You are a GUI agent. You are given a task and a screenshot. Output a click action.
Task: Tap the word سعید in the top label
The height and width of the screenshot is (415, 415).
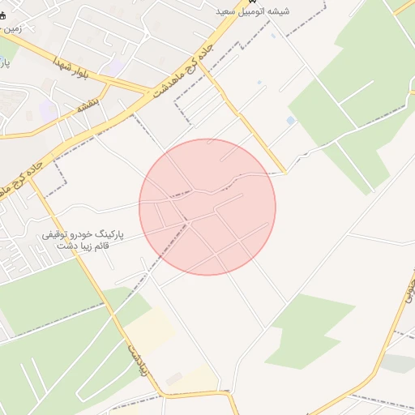(x=228, y=11)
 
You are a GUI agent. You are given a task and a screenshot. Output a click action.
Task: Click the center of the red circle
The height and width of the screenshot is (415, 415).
(x=207, y=207)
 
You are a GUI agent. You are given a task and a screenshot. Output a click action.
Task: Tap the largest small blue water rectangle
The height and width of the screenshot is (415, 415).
(x=290, y=121)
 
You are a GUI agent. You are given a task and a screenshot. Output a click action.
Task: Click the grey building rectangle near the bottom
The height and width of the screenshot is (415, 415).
(x=173, y=378)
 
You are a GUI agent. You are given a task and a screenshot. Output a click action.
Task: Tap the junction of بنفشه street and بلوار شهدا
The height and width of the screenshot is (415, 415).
(x=105, y=84)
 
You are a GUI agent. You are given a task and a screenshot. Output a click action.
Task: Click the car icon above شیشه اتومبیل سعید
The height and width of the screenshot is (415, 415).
(x=250, y=2)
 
